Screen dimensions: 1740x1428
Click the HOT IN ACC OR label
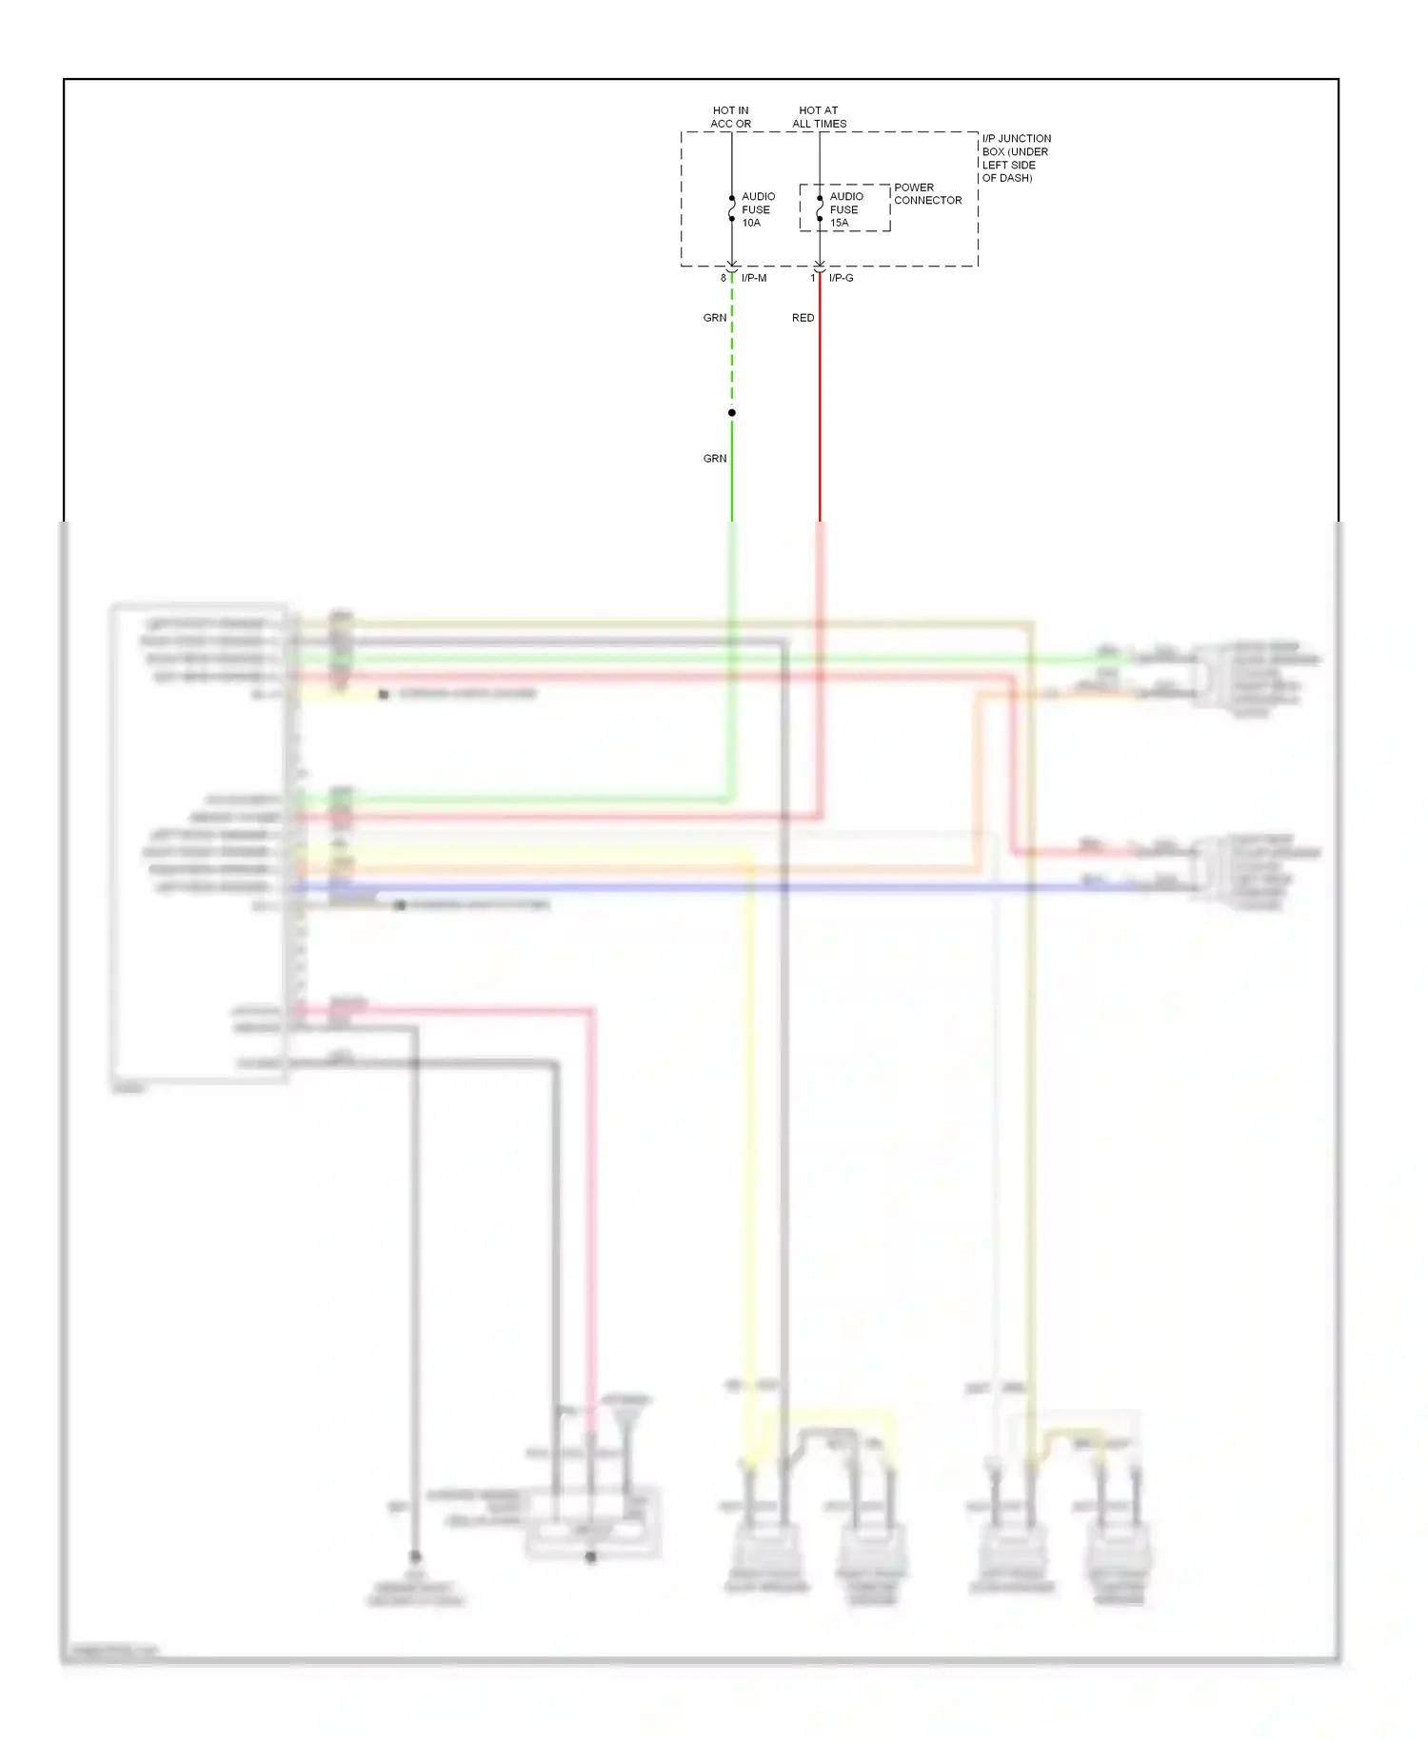click(730, 117)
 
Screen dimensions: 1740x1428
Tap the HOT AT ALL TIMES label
click(819, 117)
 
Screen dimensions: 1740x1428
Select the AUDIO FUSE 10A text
click(758, 209)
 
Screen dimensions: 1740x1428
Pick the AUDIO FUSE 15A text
click(845, 209)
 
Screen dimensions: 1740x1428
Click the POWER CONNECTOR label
click(927, 194)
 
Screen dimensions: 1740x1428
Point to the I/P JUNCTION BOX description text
click(1016, 158)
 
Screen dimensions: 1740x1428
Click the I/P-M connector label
click(754, 278)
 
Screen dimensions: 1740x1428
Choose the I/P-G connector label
click(841, 278)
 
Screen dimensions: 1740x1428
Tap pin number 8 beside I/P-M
click(724, 278)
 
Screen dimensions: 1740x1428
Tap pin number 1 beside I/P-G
click(813, 278)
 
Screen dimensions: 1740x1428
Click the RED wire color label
click(803, 318)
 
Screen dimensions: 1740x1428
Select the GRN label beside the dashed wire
click(715, 318)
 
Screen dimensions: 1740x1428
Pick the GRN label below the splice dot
click(715, 459)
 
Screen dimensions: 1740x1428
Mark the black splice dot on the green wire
click(731, 413)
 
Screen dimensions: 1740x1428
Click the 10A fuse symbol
click(731, 208)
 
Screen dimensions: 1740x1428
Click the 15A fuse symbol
click(820, 208)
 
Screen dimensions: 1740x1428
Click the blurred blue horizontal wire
click(666, 888)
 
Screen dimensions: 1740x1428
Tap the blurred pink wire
click(591, 1190)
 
